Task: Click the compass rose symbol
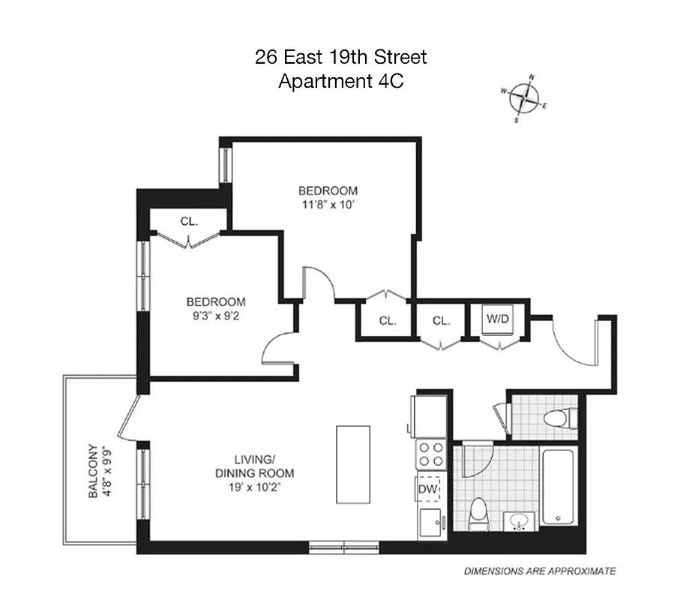pos(529,97)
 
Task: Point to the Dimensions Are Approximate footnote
pos(540,571)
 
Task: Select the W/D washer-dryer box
pos(498,319)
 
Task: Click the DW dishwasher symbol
pos(430,489)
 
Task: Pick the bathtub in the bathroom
pos(559,487)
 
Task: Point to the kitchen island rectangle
pos(352,465)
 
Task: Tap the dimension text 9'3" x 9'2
pos(216,316)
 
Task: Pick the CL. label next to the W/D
pos(441,320)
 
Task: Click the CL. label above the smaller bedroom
pos(188,221)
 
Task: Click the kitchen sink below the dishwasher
pos(430,522)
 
